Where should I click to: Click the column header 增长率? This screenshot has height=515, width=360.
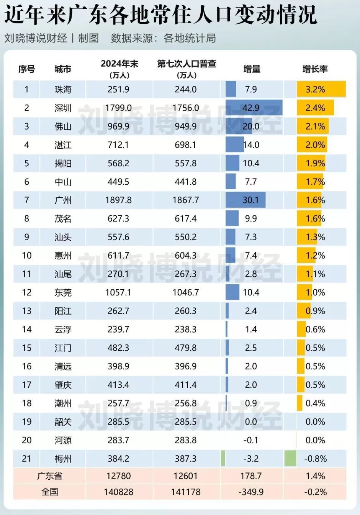pos(315,69)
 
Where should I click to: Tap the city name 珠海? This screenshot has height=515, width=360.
pos(63,90)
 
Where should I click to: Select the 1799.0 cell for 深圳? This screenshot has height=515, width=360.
pos(118,108)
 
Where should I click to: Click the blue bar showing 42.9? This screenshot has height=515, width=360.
pos(254,108)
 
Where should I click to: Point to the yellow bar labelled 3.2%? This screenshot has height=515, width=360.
pos(321,89)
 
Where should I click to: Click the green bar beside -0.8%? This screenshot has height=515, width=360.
pos(290,459)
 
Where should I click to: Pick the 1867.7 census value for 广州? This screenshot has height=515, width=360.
pos(186,200)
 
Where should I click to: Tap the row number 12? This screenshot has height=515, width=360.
pos(26,292)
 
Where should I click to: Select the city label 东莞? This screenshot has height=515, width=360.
pos(63,292)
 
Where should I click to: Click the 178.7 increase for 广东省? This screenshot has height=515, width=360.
pos(251,476)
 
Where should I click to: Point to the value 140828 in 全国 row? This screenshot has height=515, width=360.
pos(118,492)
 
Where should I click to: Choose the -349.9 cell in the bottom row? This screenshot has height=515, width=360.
pos(251,492)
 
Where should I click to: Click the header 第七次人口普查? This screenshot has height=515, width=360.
pos(187,64)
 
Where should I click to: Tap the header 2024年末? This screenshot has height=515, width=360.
pos(119,64)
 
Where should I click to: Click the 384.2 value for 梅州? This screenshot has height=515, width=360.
pos(118,459)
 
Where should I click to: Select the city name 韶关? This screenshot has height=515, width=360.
pos(63,422)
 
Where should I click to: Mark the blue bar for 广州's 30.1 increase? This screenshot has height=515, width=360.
pos(245,200)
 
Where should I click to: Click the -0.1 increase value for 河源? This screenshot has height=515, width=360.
pos(251,440)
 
